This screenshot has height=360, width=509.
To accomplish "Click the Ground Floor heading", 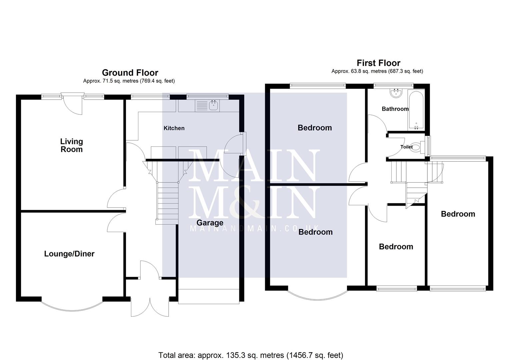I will [130, 73].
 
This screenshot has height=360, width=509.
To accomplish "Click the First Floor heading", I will [378, 63].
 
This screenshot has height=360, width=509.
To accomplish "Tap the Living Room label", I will [71, 145].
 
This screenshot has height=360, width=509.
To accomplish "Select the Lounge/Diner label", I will [69, 254].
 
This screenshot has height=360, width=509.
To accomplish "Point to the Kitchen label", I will [174, 128].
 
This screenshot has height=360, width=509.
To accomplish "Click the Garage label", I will [210, 223].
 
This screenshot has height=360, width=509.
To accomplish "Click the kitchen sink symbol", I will [207, 106].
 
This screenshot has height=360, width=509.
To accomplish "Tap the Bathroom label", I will [395, 109].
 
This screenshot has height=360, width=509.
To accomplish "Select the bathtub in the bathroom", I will [416, 110].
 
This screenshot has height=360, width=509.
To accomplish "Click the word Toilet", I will [406, 147].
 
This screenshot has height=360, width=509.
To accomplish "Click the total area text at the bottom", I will [251, 355].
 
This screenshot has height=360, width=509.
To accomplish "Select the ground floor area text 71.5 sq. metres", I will [129, 81].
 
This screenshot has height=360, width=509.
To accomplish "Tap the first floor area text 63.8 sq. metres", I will [377, 71].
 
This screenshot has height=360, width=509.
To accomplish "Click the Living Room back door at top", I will [72, 103].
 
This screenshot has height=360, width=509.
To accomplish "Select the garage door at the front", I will [209, 296].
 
